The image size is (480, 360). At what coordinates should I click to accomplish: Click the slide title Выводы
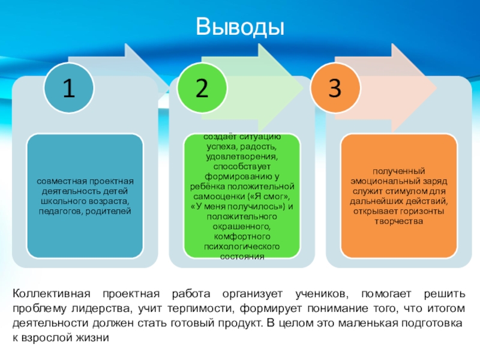point(239,27)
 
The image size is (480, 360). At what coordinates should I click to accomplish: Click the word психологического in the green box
point(241,247)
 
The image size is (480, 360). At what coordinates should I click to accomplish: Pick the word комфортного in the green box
point(241,237)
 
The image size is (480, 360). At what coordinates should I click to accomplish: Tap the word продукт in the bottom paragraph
point(241,323)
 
